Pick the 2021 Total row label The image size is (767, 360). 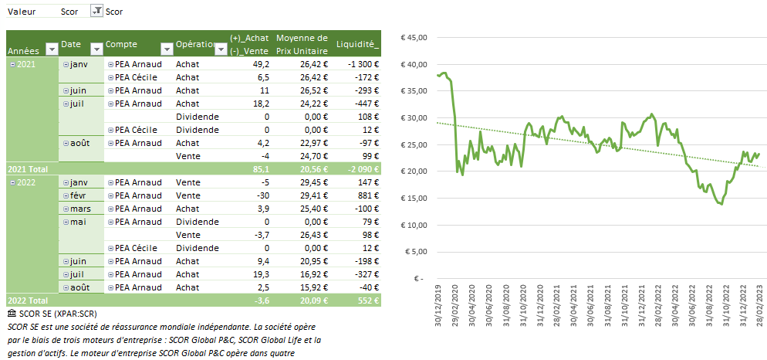[27, 168]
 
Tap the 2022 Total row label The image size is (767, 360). [27, 300]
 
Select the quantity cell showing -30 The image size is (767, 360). [262, 195]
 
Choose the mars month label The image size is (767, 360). [82, 209]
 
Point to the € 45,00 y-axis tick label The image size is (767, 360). [411, 37]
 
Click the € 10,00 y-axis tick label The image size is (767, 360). [411, 225]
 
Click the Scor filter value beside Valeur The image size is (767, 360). [69, 12]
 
